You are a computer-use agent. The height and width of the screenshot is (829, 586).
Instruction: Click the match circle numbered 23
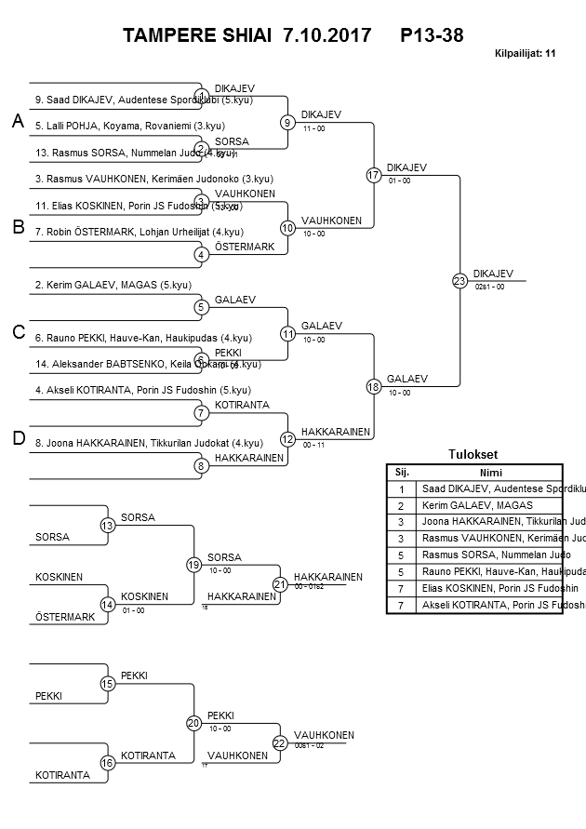click(459, 280)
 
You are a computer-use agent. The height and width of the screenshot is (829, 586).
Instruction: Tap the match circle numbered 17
click(374, 175)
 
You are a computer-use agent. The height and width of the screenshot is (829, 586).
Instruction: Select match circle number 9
click(288, 122)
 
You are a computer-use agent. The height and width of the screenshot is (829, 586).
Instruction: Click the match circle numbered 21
click(280, 584)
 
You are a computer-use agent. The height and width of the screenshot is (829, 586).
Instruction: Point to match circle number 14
click(108, 605)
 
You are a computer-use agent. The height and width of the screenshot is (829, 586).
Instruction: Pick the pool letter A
click(17, 122)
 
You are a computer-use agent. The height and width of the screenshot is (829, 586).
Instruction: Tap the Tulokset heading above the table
click(473, 455)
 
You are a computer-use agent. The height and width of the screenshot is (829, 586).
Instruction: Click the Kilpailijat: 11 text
click(526, 53)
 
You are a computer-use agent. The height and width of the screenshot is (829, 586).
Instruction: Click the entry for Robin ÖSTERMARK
click(140, 231)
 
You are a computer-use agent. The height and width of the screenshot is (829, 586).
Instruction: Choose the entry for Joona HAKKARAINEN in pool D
click(140, 443)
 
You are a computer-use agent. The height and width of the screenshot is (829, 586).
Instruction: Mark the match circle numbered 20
click(193, 723)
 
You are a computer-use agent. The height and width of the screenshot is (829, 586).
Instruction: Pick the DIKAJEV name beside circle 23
click(493, 274)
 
